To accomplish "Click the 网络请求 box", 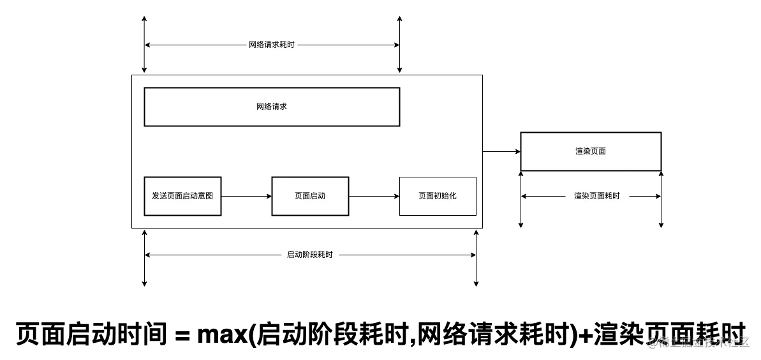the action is pyautogui.click(x=272, y=107).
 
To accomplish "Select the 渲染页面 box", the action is pyautogui.click(x=591, y=151).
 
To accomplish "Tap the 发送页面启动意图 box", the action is pyautogui.click(x=182, y=196).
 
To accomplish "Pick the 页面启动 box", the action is pyautogui.click(x=310, y=196).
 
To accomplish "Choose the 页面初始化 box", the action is pyautogui.click(x=438, y=196).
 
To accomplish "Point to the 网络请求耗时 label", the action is pyautogui.click(x=272, y=45).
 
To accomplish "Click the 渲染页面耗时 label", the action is pyautogui.click(x=597, y=196).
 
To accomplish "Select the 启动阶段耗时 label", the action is pyautogui.click(x=311, y=255).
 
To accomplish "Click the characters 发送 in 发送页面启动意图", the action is pyautogui.click(x=159, y=196).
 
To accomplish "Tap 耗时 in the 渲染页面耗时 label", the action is pyautogui.click(x=612, y=196).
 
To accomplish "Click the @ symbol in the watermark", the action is pyautogui.click(x=652, y=341).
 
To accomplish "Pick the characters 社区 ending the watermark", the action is pyautogui.click(x=737, y=341).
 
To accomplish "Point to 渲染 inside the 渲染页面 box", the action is pyautogui.click(x=583, y=151).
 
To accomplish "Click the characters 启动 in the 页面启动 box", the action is pyautogui.click(x=318, y=196).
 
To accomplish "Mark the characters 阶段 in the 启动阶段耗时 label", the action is pyautogui.click(x=310, y=255).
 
